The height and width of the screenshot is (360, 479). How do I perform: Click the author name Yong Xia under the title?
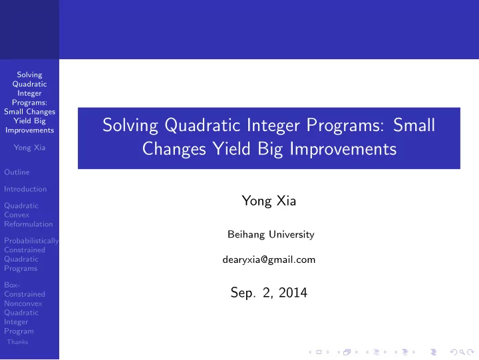point(269,201)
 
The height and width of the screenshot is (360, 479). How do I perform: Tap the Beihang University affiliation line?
point(271,234)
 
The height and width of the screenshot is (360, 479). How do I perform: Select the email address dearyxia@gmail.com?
point(269,260)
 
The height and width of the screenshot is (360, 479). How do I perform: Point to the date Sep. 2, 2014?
point(269,293)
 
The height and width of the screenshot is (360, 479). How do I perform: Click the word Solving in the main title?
point(130,126)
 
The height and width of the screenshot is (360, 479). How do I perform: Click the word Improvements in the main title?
point(343,150)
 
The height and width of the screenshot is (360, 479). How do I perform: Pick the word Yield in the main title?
point(232,149)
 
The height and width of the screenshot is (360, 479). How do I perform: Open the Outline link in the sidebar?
point(17,172)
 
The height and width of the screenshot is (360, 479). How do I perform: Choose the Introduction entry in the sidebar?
point(25,189)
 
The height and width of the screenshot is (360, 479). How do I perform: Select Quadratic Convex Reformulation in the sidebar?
point(29,215)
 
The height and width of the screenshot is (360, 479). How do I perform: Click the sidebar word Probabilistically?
point(31,241)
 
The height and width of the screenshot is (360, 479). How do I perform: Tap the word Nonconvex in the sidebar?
point(23,303)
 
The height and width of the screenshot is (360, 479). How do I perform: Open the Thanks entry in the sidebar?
point(17,342)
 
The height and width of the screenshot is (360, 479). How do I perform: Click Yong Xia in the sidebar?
point(30,148)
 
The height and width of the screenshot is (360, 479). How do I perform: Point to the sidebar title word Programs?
point(30,102)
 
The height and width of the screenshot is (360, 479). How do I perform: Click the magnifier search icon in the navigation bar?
point(462,352)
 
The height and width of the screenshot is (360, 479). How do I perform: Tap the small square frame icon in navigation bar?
point(319,352)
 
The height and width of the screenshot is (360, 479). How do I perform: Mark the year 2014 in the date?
point(293,293)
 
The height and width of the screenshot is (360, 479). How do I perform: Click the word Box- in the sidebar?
point(12,285)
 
